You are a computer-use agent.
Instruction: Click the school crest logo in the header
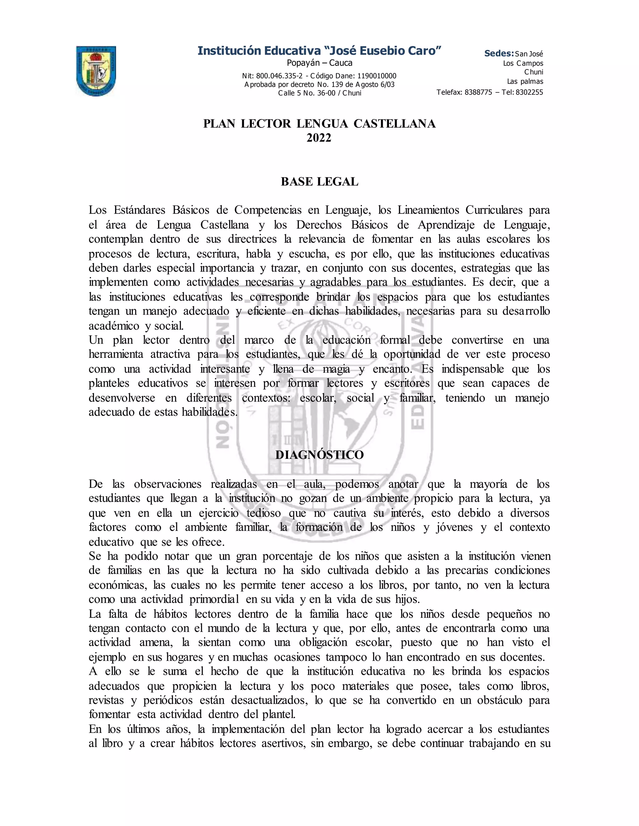(x=96, y=71)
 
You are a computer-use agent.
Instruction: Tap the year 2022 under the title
(x=319, y=138)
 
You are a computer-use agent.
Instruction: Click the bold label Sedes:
(x=499, y=53)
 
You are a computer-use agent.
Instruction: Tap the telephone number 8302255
(x=529, y=92)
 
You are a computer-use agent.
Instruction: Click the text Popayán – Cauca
(x=319, y=63)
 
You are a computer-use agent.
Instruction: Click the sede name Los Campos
(x=523, y=63)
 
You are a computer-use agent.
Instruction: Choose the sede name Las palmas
(x=525, y=81)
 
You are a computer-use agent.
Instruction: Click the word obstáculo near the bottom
(x=499, y=700)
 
